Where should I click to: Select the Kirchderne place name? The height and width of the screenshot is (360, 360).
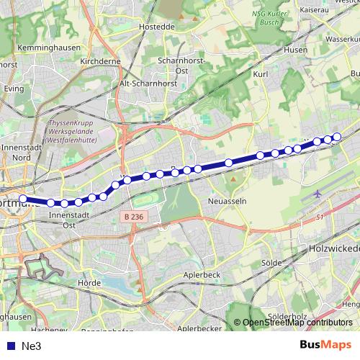(x=97, y=63)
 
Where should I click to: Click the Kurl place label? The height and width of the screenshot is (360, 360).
(x=261, y=73)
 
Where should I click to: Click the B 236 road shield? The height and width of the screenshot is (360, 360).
(x=130, y=217)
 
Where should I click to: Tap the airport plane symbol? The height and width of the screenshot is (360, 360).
(x=319, y=194)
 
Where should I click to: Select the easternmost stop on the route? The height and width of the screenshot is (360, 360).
(x=336, y=136)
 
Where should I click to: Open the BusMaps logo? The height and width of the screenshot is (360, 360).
(x=325, y=346)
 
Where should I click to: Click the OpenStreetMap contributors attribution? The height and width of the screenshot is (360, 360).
(x=297, y=323)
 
